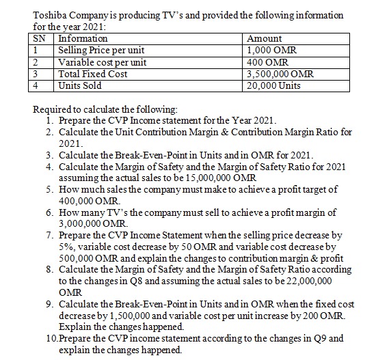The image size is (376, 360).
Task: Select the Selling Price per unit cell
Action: pos(101,51)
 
